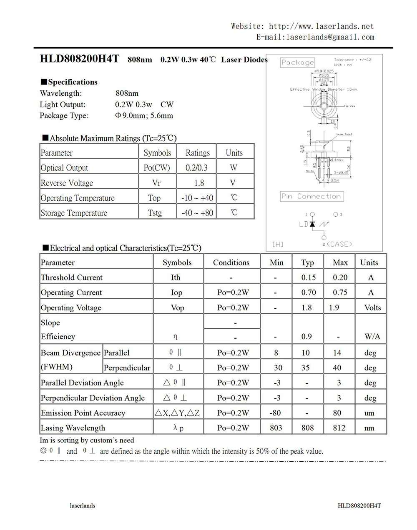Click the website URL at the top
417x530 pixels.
321,26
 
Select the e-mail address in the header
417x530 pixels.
330,37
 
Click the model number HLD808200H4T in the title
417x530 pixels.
80,59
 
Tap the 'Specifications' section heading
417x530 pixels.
73,82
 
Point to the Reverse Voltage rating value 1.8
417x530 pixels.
199,183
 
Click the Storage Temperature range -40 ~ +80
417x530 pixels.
197,213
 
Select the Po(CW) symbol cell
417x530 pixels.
157,168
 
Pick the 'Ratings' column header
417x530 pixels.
198,153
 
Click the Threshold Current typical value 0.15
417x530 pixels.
309,277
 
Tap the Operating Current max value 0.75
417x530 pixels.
340,292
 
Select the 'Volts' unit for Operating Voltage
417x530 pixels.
372,307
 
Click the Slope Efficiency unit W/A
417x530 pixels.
372,337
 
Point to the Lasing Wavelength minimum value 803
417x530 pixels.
276,428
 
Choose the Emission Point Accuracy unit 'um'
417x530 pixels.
369,413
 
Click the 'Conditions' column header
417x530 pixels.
231,262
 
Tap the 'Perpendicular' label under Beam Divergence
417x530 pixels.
127,368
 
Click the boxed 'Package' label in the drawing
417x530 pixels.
297,62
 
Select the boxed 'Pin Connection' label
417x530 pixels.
311,196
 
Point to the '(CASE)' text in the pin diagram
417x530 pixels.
339,244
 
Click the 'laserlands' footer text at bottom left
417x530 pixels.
83,506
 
